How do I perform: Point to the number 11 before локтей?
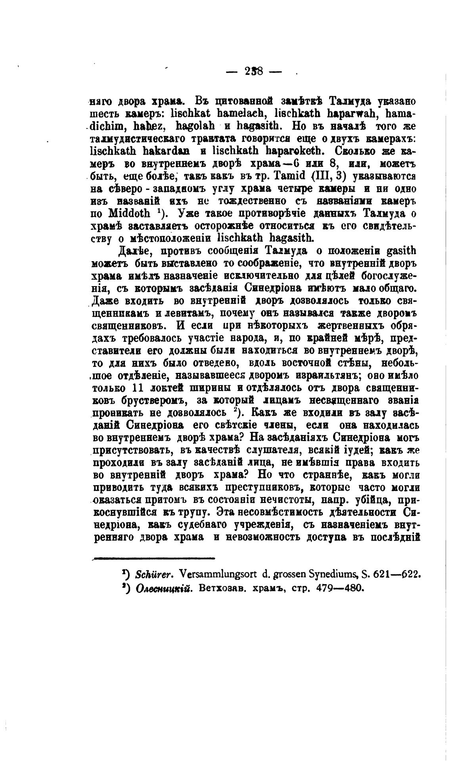(140, 388)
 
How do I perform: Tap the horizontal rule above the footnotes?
(153, 558)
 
